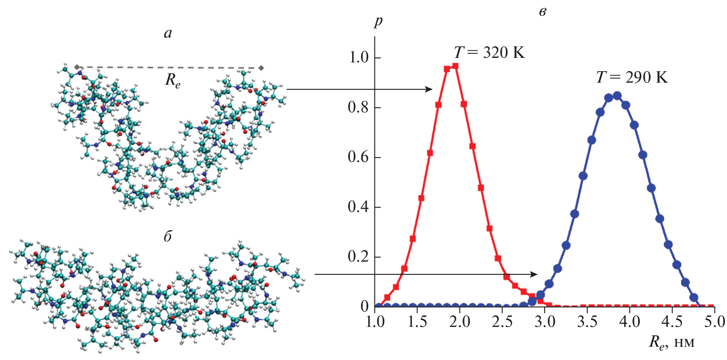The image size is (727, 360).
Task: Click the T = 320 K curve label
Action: pyautogui.click(x=489, y=53)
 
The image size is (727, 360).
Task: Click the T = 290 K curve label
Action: pyautogui.click(x=632, y=77)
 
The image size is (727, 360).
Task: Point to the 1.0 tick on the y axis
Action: pyautogui.click(x=359, y=57)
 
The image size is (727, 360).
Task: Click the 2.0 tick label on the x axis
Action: pyautogui.click(x=460, y=322)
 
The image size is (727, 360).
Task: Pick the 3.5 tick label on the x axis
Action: pyautogui.click(x=587, y=322)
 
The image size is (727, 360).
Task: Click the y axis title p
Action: pyautogui.click(x=378, y=21)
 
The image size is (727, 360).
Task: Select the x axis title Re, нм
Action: pyautogui.click(x=672, y=343)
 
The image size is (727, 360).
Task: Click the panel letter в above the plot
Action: pyautogui.click(x=543, y=12)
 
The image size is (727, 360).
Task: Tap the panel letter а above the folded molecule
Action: pyautogui.click(x=168, y=33)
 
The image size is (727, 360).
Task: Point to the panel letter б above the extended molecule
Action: pyautogui.click(x=167, y=236)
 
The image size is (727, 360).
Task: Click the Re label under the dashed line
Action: pyautogui.click(x=173, y=80)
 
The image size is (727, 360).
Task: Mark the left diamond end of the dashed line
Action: pyautogui.click(x=77, y=67)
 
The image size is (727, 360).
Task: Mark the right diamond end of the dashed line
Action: pyautogui.click(x=261, y=68)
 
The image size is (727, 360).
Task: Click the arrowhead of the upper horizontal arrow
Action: pyautogui.click(x=430, y=89)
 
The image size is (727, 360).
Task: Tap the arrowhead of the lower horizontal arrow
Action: pyautogui.click(x=535, y=274)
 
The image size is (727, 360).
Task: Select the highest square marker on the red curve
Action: pyautogui.click(x=455, y=66)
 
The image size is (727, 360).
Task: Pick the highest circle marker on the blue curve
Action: pyautogui.click(x=617, y=96)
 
